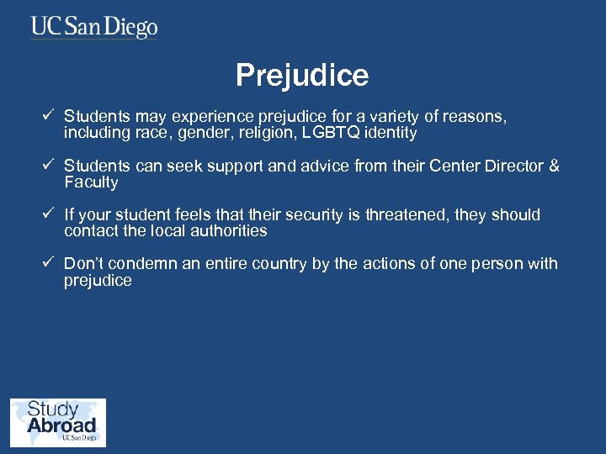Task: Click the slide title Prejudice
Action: click(302, 76)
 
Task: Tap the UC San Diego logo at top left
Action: click(94, 27)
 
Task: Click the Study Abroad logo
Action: click(58, 422)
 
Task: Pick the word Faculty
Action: click(91, 182)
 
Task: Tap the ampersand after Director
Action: click(553, 166)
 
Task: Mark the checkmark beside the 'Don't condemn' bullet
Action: click(49, 263)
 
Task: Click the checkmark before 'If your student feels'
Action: click(49, 214)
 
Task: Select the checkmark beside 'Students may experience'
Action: click(49, 117)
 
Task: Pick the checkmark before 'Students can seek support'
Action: click(49, 165)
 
